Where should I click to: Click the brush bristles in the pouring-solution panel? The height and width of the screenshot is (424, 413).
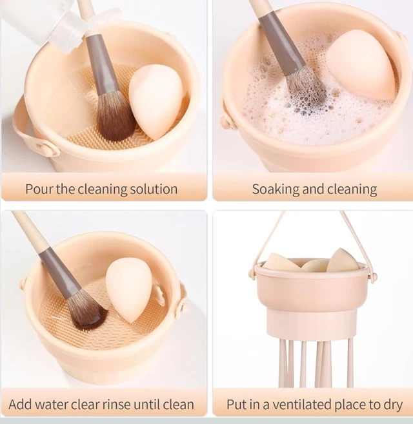click(116, 116)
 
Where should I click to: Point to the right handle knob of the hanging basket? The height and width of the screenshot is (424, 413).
click(374, 276)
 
